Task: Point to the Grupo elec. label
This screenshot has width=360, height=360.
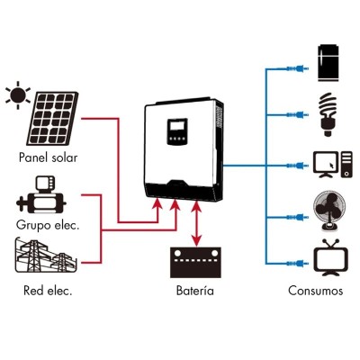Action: [x=48, y=224]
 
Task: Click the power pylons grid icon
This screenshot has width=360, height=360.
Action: [x=48, y=256]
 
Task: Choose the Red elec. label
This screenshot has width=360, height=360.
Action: [x=48, y=292]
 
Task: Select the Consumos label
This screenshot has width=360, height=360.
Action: [x=315, y=292]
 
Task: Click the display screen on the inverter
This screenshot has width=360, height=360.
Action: [x=175, y=132]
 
